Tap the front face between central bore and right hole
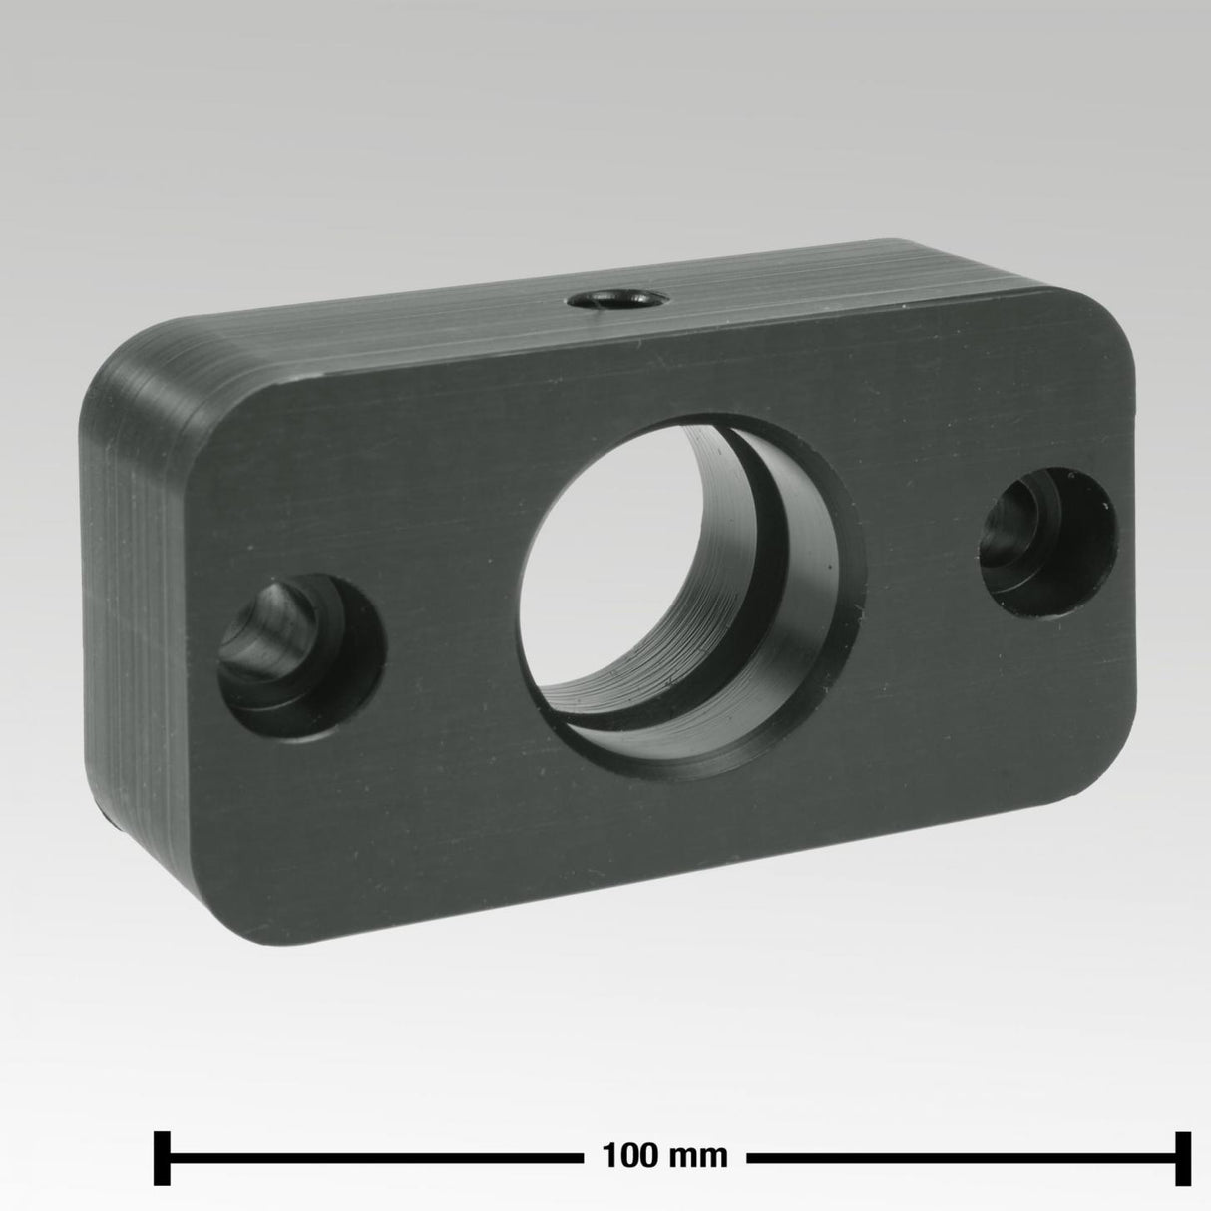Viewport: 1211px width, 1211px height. tap(918, 559)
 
